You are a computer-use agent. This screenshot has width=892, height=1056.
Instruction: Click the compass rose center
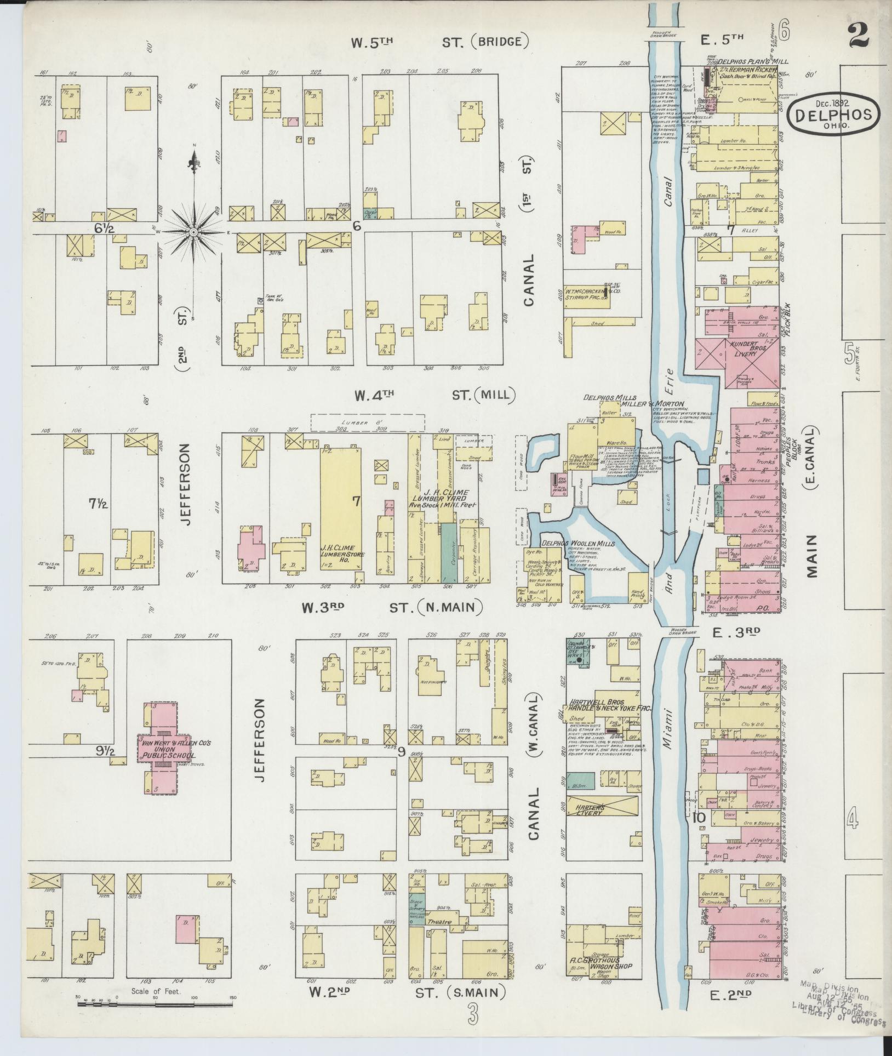[193, 232]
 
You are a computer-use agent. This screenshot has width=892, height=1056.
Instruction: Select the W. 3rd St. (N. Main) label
[391, 607]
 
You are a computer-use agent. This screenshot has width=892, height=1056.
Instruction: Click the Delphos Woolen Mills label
[577, 543]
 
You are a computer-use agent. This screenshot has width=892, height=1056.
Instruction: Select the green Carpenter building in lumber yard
[449, 552]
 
